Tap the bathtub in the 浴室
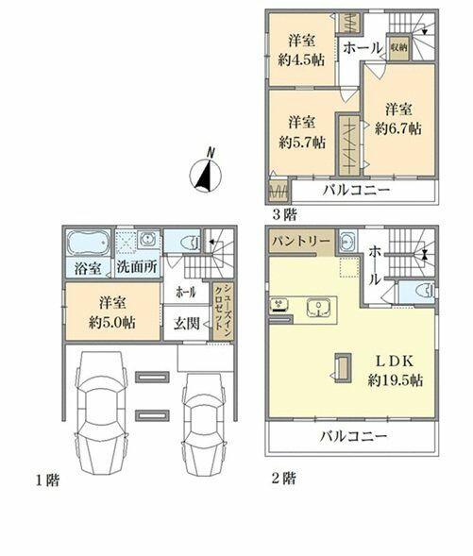pyautogui.click(x=89, y=243)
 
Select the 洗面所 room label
pyautogui.click(x=137, y=267)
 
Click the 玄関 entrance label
pyautogui.click(x=187, y=323)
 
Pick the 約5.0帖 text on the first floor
pyautogui.click(x=111, y=323)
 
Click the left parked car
pyautogui.click(x=101, y=413)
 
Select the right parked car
pyautogui.click(x=204, y=424)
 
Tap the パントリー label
pyautogui.click(x=300, y=242)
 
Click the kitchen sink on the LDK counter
pyautogui.click(x=319, y=307)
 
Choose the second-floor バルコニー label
pyautogui.click(x=353, y=436)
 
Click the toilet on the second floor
pyautogui.click(x=426, y=290)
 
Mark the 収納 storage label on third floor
pyautogui.click(x=398, y=47)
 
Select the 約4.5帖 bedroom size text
pyautogui.click(x=301, y=59)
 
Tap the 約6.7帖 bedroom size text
pyautogui.click(x=398, y=128)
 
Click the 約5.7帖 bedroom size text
pyautogui.click(x=302, y=143)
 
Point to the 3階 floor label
pyautogui.click(x=284, y=214)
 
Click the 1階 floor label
pyautogui.click(x=47, y=480)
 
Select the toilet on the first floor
pyautogui.click(x=191, y=243)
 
